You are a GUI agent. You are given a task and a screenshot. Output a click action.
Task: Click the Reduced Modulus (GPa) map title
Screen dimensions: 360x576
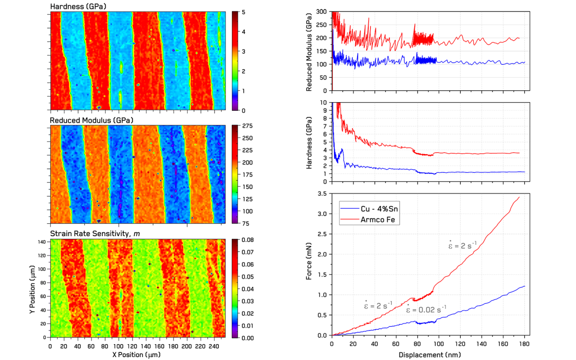[x=92, y=120]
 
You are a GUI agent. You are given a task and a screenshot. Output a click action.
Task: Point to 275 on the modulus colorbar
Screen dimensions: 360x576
[x=247, y=126]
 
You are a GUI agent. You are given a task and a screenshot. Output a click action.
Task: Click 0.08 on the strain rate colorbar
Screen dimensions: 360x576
[x=248, y=239]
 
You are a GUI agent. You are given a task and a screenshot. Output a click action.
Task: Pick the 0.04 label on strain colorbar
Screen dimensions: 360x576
[x=248, y=288]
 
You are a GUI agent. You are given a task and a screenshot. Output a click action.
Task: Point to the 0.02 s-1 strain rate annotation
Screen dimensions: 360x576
[x=427, y=310]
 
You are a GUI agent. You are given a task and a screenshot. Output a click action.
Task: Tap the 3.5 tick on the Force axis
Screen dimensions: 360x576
[x=323, y=193]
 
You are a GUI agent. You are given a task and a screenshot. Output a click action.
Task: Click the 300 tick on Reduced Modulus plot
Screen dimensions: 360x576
[x=321, y=12]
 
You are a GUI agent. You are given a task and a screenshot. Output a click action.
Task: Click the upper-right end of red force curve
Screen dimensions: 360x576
[x=519, y=197]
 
